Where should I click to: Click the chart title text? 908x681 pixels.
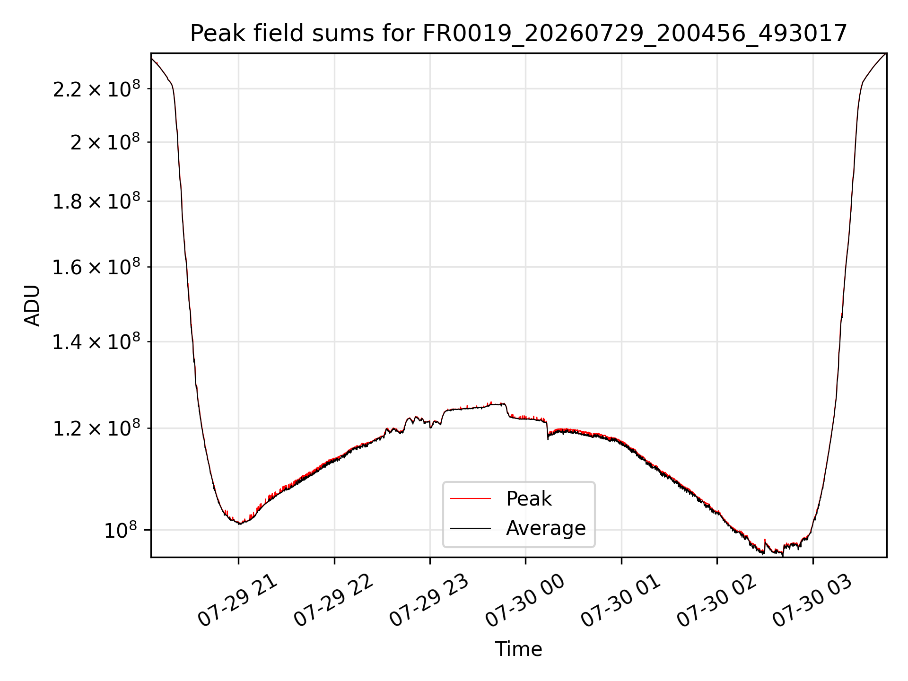(518, 34)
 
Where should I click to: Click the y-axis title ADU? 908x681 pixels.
(32, 306)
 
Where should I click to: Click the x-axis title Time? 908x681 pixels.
(518, 649)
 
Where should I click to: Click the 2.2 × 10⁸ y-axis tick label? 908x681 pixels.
(96, 88)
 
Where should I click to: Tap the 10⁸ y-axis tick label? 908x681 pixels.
(122, 530)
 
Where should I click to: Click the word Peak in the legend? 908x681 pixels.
(529, 499)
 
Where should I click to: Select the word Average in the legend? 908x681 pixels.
(546, 528)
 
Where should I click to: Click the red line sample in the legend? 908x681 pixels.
(470, 498)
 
